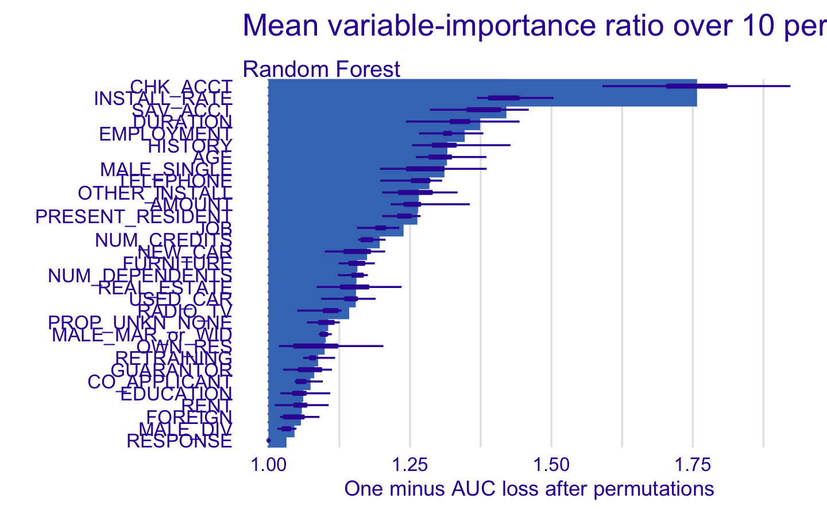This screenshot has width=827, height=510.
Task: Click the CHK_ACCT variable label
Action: [x=181, y=87]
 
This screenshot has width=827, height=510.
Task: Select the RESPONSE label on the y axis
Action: [x=179, y=441]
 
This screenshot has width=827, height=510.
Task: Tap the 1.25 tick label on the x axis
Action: [x=410, y=465]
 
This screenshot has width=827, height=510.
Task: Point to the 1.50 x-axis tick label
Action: [x=551, y=465]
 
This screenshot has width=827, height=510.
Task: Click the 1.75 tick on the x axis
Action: [x=693, y=465]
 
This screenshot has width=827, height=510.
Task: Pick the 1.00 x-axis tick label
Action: [x=268, y=465]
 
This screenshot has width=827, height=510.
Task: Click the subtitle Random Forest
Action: [x=322, y=69]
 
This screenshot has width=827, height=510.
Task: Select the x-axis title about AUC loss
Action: [x=528, y=489]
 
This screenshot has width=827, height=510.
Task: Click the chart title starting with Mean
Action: [x=534, y=26]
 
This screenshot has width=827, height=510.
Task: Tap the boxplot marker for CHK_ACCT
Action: [x=697, y=86]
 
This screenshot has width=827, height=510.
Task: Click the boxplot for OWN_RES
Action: [x=315, y=346]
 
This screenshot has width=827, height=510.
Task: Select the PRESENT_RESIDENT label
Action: [x=134, y=217]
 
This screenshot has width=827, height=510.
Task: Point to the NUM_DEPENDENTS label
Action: [x=140, y=276]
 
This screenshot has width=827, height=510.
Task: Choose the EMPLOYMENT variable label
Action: [x=165, y=134]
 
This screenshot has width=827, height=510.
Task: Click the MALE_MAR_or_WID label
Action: [x=142, y=334]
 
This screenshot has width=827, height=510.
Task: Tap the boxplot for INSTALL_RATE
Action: [x=504, y=98]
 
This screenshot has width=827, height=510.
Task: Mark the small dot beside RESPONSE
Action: [x=268, y=441]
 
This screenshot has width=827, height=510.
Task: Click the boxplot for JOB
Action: [x=380, y=228]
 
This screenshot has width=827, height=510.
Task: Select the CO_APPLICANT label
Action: [x=160, y=381]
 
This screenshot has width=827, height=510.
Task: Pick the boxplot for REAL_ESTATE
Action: [x=354, y=287]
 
